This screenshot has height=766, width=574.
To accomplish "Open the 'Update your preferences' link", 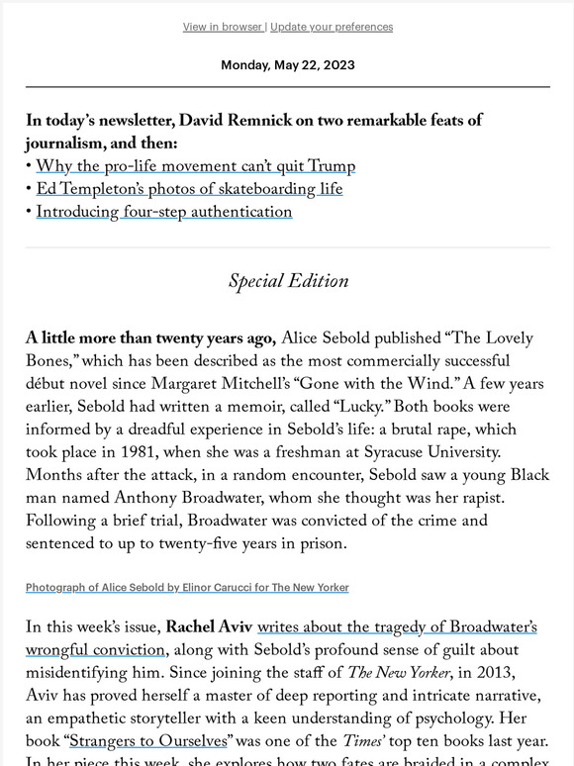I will point(332,27).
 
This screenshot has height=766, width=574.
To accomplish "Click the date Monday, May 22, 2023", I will point(287,65).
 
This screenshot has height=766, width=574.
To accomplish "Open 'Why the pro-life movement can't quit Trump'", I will point(196,166).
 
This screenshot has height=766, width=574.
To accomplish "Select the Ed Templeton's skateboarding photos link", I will point(189,189).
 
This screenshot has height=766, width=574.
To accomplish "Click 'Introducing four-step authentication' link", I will point(164,212).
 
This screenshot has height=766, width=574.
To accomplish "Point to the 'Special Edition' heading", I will point(288,281).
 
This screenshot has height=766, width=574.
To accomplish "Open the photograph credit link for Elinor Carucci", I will point(187,587).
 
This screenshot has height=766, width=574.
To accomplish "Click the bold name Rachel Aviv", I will point(209,627).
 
